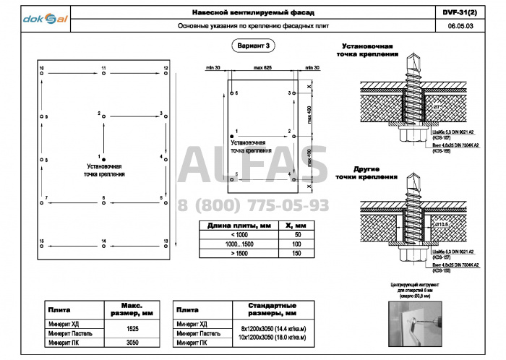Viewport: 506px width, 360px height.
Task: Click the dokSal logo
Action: point(45,19)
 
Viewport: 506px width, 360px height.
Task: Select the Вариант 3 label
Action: point(252,46)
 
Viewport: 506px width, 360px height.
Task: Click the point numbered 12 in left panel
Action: point(166,72)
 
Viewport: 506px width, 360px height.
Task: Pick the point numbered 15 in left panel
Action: point(42,245)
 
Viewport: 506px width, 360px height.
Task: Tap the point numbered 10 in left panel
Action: point(42,72)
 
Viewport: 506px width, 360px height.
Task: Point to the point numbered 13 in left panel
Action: point(166,245)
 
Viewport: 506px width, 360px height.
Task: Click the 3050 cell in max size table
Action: point(132,343)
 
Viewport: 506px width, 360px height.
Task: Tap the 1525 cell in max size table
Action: point(132,328)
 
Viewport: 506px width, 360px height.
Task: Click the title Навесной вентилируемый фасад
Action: point(252,13)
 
